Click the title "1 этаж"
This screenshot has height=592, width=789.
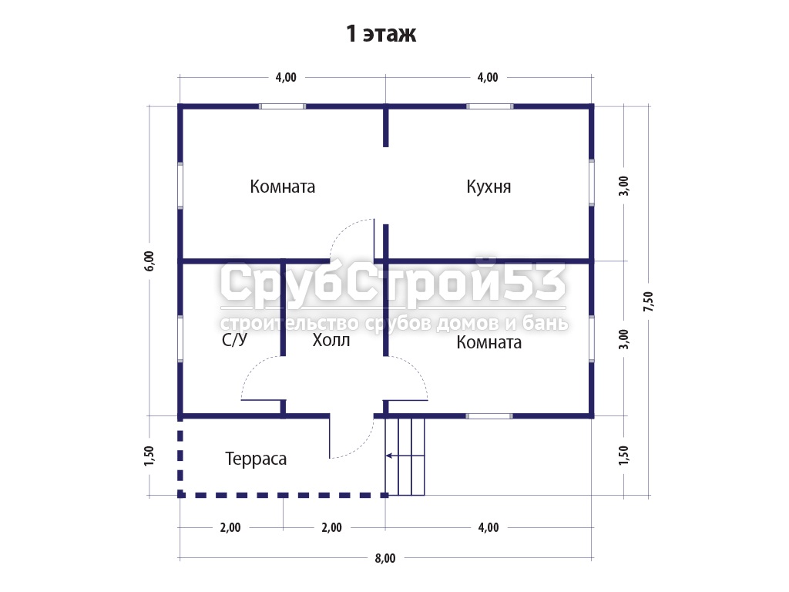[x=381, y=34]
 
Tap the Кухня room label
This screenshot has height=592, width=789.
[x=489, y=187]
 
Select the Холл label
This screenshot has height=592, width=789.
[x=331, y=340]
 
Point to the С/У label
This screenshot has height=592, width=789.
[x=234, y=340]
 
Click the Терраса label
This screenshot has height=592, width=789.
[x=256, y=459]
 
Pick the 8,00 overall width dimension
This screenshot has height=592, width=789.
[x=385, y=558]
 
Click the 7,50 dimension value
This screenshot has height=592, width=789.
[x=649, y=301]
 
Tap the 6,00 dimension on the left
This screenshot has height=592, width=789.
[x=149, y=261]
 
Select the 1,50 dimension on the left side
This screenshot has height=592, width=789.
[x=149, y=456]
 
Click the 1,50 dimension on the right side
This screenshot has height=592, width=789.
[x=624, y=456]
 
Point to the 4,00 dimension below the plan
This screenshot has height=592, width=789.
[x=488, y=527]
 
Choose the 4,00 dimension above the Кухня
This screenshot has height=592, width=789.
[x=488, y=78]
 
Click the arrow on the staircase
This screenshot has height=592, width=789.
[x=405, y=456]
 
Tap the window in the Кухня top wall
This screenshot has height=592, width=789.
[x=489, y=106]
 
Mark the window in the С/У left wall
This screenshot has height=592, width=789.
[x=180, y=339]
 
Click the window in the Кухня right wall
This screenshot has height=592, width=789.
[x=592, y=182]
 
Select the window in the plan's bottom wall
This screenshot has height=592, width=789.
[x=489, y=416]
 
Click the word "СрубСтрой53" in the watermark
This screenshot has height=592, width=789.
[x=393, y=282]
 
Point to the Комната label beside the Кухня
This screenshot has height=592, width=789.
[x=283, y=187]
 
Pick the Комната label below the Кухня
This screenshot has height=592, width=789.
[x=489, y=343]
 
